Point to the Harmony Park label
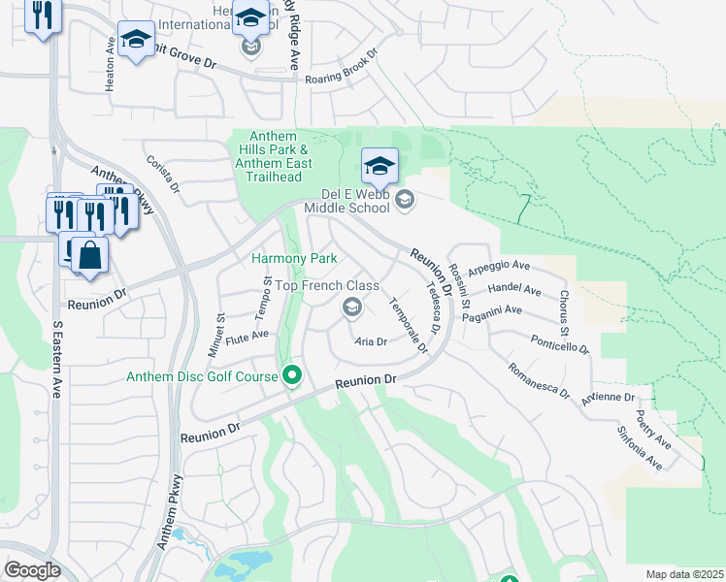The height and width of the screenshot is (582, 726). tap(294, 258)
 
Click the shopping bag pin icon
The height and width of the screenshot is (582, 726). tap(89, 257)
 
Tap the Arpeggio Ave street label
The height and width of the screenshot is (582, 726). tap(499, 266)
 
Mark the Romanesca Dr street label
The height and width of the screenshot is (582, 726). tap(538, 379)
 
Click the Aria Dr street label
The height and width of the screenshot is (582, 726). tap(371, 341)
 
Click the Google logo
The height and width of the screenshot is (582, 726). tap(32, 569)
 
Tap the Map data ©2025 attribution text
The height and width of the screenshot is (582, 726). tap(684, 574)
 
